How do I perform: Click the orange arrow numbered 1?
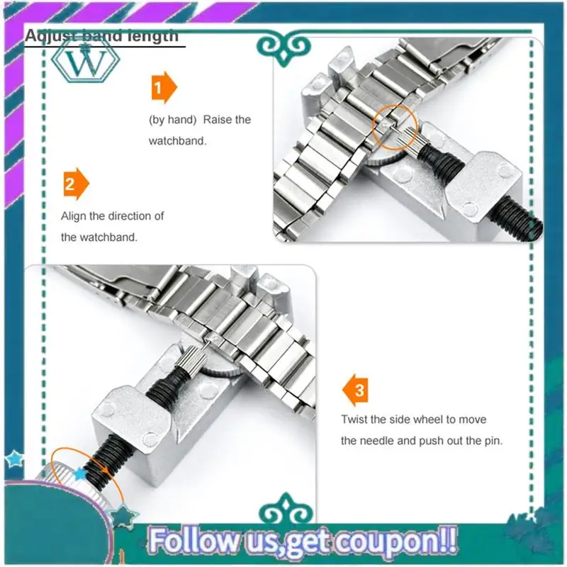pyautogui.click(x=162, y=88)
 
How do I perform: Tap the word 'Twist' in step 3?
pyautogui.click(x=354, y=420)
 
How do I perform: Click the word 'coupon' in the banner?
pyautogui.click(x=388, y=540)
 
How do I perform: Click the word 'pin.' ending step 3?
pyautogui.click(x=489, y=440)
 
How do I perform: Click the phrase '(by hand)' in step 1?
pyautogui.click(x=172, y=120)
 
